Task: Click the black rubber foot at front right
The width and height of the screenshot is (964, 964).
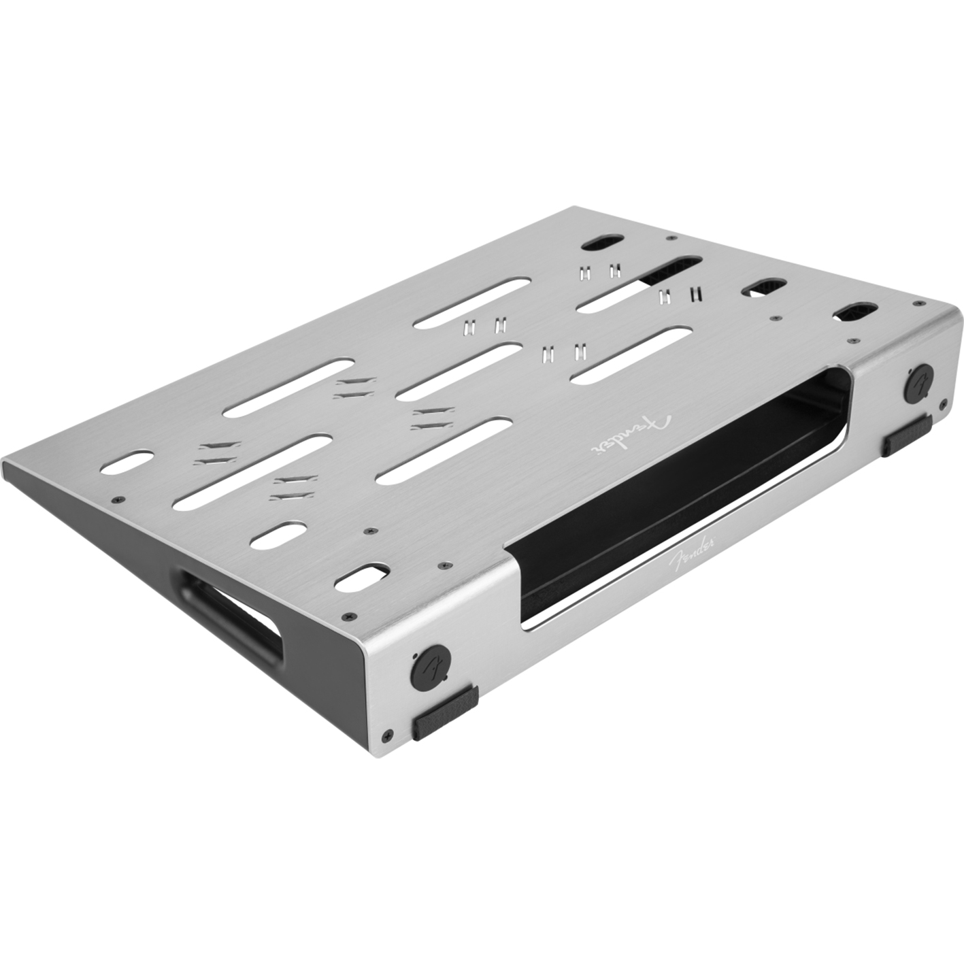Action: point(907,436)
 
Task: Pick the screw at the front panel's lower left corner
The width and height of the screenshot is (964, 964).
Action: point(388,735)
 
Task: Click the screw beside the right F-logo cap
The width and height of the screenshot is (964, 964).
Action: point(943,404)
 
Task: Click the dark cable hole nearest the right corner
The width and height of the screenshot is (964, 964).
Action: point(852,312)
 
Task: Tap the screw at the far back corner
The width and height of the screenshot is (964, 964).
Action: point(671,239)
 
